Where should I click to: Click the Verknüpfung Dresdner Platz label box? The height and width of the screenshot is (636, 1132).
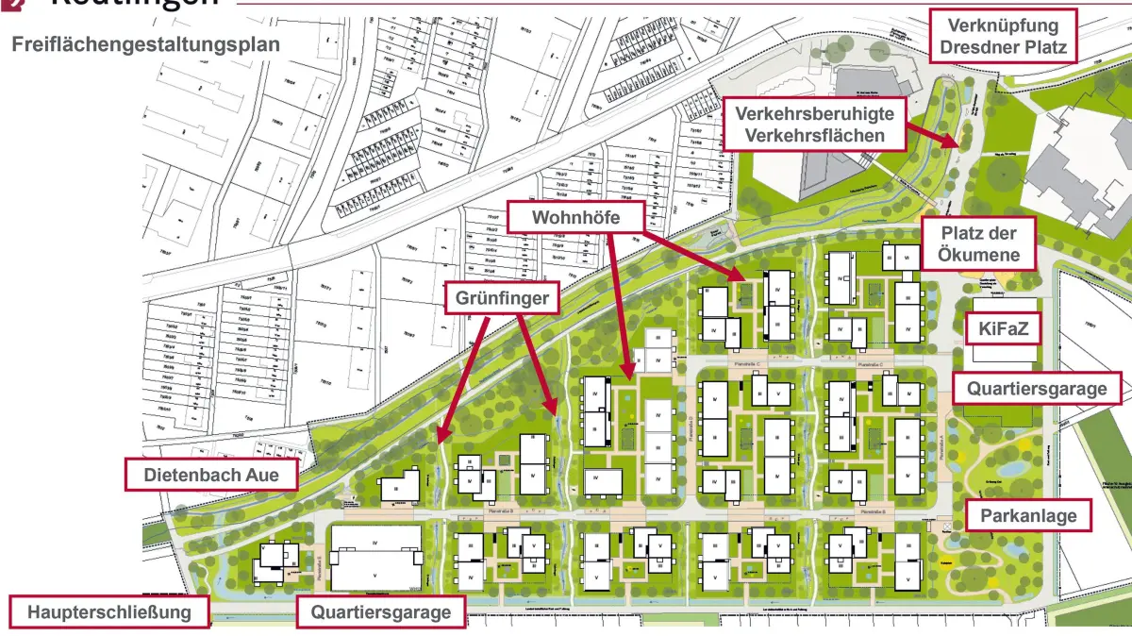tap(1003, 37)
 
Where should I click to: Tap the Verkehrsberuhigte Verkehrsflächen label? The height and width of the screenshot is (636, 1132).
tap(815, 124)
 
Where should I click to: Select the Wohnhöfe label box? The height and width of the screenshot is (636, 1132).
tap(575, 219)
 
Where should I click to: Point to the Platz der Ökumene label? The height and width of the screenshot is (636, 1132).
tap(979, 243)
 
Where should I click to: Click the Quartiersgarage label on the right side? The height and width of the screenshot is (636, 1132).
tap(1036, 388)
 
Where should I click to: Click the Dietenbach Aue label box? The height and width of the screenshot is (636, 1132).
tap(211, 475)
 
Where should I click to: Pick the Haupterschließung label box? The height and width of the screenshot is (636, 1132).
tap(109, 612)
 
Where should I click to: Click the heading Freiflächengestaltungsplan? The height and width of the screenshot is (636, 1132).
tap(145, 44)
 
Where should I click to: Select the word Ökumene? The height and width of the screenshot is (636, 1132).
tap(979, 255)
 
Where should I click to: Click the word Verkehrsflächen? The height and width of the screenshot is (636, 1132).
tap(815, 135)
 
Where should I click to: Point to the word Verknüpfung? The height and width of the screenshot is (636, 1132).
tap(1003, 25)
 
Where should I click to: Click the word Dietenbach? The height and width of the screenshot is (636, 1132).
tap(191, 475)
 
